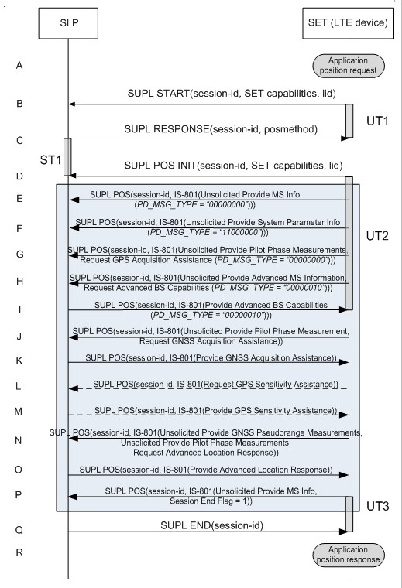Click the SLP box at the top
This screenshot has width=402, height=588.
[68, 23]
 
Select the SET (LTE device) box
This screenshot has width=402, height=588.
[348, 23]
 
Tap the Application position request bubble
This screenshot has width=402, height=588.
[349, 66]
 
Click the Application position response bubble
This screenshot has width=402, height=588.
[349, 555]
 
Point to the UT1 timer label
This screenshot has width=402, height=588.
[377, 121]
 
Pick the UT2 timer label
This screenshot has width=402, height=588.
[377, 236]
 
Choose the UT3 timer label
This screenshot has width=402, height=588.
[378, 506]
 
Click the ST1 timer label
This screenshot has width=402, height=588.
[50, 160]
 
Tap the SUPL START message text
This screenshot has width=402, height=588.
[232, 94]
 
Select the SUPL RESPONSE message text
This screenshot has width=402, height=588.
[221, 129]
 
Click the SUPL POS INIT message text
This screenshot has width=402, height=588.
[233, 166]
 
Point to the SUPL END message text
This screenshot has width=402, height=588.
[211, 526]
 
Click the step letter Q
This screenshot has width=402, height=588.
[19, 530]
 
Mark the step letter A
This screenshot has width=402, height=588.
[19, 66]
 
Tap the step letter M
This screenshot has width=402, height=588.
[19, 412]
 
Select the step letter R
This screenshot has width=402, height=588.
[19, 552]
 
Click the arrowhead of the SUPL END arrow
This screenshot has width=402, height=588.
[344, 532]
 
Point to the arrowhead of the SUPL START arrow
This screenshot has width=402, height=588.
[72, 104]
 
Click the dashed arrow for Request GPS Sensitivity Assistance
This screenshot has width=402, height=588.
[208, 388]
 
